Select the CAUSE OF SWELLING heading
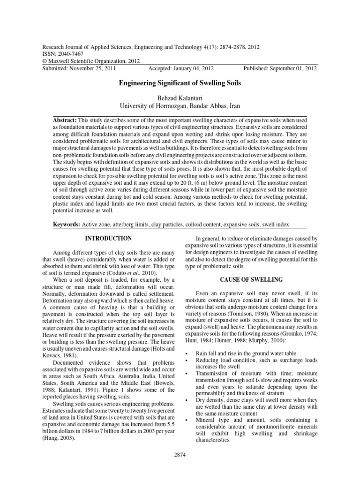pyautogui.click(x=251, y=280)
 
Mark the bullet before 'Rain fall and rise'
pyautogui.click(x=187, y=353)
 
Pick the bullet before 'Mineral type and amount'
pyautogui.click(x=187, y=420)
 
